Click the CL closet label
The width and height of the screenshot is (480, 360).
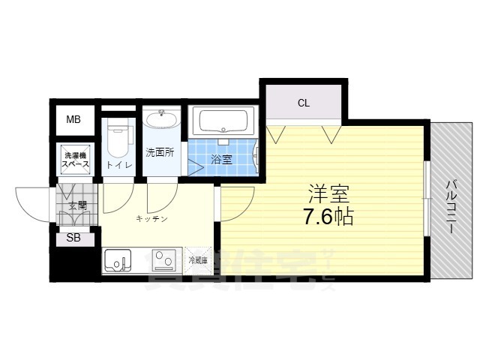click(x=303, y=103)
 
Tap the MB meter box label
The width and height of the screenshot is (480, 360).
click(x=73, y=119)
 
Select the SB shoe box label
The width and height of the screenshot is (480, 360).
click(x=73, y=238)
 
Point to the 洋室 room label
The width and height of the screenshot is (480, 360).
click(x=329, y=193)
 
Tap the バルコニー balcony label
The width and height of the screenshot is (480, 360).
click(x=451, y=206)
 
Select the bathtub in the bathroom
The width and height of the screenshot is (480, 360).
click(x=224, y=121)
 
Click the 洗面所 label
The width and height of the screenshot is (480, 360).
click(x=160, y=151)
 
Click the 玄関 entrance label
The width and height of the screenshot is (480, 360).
click(x=77, y=205)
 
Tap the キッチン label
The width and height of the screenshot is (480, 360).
click(x=151, y=219)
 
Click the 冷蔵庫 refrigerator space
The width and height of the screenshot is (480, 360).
click(x=198, y=260)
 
